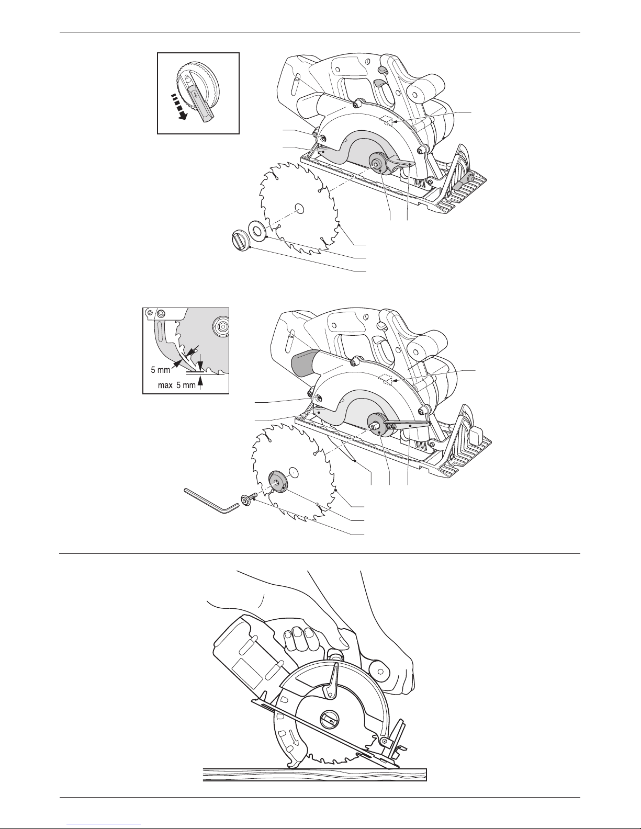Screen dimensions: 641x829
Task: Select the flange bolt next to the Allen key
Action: (247, 501)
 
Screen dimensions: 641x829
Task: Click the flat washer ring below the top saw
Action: (257, 230)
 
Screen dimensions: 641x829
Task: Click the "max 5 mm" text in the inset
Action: (177, 385)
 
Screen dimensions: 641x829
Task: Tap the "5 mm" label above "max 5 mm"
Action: (160, 370)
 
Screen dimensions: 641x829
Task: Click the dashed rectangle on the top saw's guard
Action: (387, 120)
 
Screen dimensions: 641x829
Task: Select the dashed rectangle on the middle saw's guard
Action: (387, 380)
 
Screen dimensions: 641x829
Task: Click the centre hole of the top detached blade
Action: (299, 208)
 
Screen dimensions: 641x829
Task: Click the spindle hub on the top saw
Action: (379, 164)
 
